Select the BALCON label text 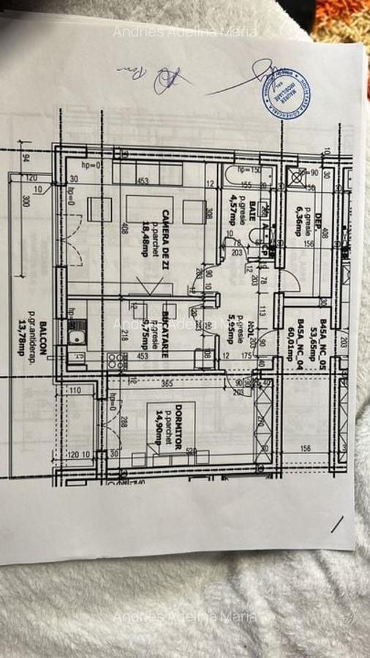click(44, 337)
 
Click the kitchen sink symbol click(76, 337)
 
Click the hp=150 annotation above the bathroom click(249, 170)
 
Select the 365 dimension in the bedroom click(167, 383)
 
